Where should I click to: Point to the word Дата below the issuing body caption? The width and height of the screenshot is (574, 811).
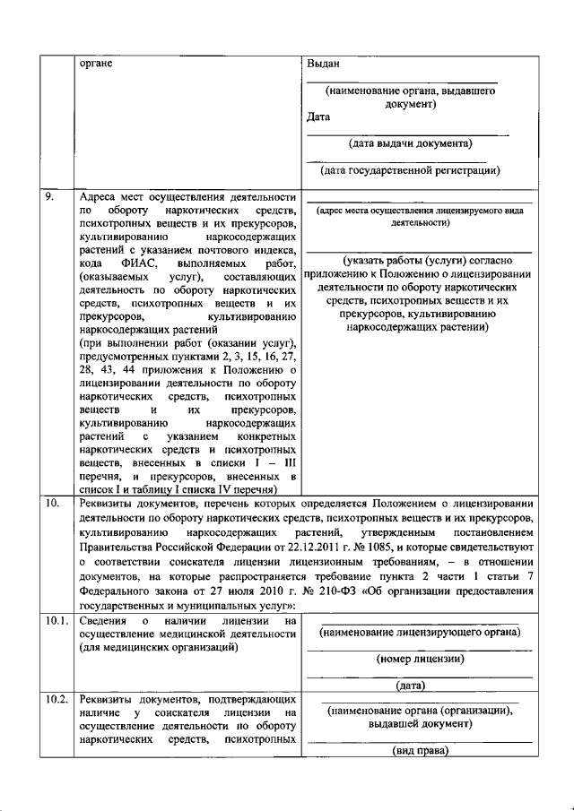[318, 117]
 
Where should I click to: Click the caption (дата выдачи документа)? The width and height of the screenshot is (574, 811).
[406, 142]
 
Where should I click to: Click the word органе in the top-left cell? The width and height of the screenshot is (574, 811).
[96, 65]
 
